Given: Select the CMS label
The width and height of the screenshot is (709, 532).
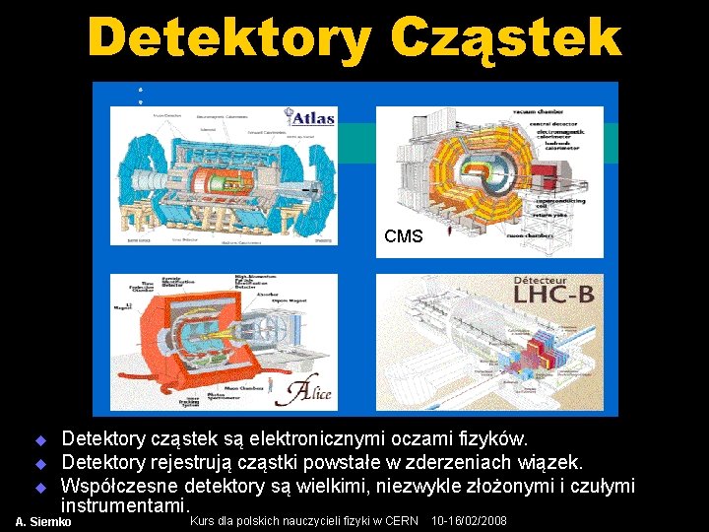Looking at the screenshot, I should point(404,236).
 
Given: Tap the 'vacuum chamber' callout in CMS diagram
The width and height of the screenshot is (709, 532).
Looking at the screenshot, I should point(563,115).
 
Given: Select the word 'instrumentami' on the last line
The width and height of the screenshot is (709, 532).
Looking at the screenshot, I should point(122,505).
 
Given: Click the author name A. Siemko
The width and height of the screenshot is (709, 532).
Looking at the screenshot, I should point(43,521).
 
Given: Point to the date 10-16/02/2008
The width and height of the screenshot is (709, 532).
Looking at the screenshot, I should point(470,520).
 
